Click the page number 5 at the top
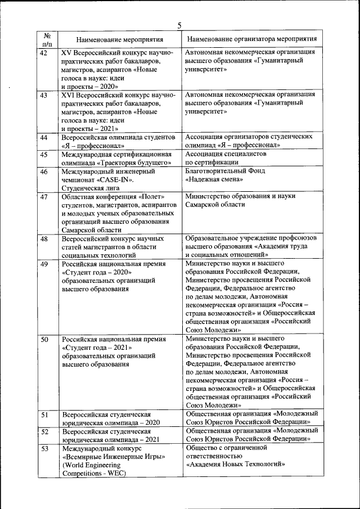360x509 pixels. [179, 25]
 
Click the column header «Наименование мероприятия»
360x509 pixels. [120, 40]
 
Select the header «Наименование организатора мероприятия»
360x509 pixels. [251, 39]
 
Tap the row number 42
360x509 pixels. [44, 52]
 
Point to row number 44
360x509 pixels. [44, 137]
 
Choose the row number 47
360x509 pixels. [44, 196]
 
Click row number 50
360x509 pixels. [44, 340]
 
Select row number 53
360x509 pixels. [44, 449]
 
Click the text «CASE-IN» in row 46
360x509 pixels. [117, 180]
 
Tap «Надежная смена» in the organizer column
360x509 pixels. [214, 179]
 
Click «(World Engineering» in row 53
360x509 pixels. [91, 465]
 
